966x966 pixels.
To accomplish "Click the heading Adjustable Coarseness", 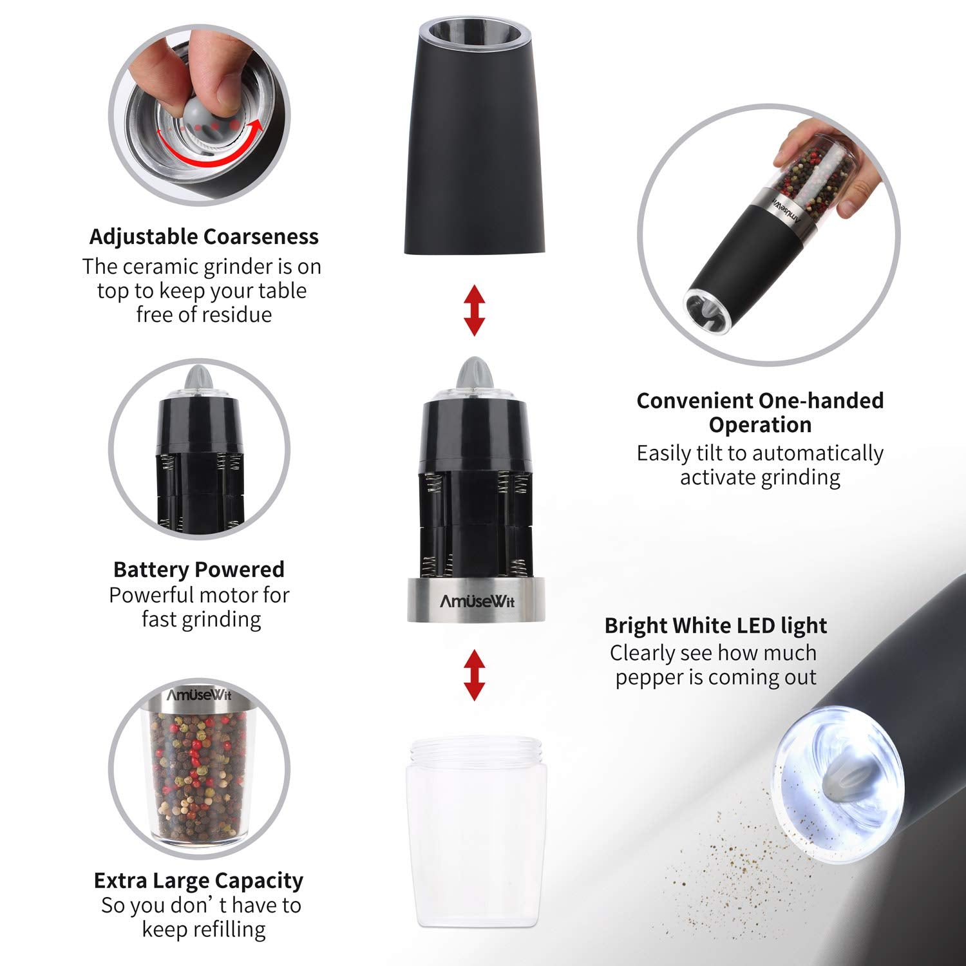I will click(204, 236).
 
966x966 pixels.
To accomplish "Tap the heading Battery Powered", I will click(198, 569).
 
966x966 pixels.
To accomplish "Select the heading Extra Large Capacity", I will click(198, 880).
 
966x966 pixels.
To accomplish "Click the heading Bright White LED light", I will click(715, 625).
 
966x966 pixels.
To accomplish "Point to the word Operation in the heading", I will click(760, 425).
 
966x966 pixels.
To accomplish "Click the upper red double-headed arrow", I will click(475, 310).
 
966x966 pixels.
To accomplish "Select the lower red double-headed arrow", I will click(475, 674).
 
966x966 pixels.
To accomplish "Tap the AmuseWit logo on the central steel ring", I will click(477, 602).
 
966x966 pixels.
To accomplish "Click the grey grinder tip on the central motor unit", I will click(475, 377).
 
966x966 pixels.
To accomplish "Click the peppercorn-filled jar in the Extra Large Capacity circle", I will click(198, 779).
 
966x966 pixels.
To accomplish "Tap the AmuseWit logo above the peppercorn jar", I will click(198, 696).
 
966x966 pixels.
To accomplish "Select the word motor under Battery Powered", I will click(218, 595).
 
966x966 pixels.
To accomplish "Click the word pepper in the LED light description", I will click(647, 678).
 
